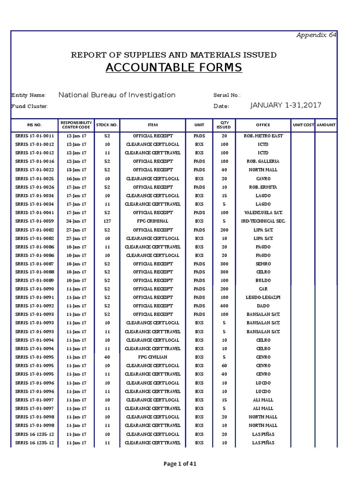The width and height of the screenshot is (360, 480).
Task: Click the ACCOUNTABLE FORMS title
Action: [173, 68]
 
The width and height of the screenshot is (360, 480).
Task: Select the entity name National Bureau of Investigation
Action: [117, 95]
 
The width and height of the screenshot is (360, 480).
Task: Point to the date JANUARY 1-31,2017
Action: [286, 105]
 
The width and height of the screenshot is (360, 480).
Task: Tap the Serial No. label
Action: [227, 95]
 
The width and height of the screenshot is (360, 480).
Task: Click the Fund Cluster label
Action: [30, 106]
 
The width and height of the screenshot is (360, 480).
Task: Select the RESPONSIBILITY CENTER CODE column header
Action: [75, 125]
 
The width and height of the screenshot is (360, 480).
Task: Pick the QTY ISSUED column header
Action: [224, 125]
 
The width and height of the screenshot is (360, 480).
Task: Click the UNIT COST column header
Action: [303, 125]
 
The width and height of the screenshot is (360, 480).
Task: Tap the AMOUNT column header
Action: [326, 125]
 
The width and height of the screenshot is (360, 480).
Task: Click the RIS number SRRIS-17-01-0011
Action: [34, 135]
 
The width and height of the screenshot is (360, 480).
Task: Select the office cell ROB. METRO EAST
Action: [263, 135]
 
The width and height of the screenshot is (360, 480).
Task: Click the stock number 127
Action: [107, 221]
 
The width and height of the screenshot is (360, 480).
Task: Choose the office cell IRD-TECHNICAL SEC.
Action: [263, 221]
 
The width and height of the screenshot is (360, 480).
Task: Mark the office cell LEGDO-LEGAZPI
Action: [263, 298]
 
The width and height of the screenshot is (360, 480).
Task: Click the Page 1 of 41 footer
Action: [180, 464]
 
